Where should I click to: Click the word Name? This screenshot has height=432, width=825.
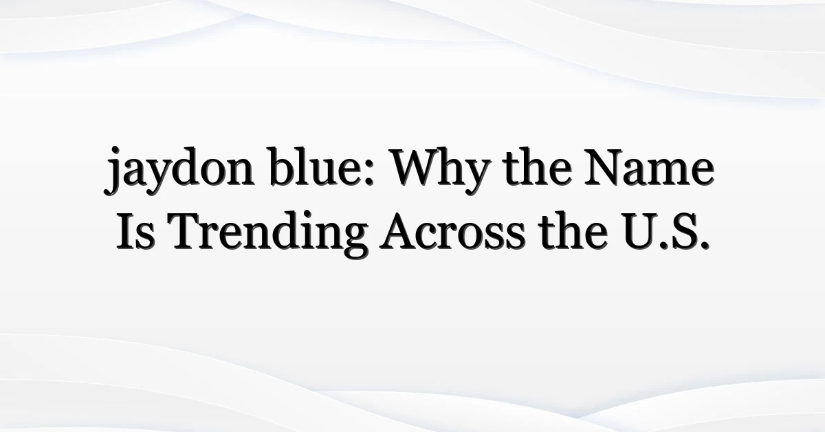pos(650,167)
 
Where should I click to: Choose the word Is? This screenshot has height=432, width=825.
pos(135,230)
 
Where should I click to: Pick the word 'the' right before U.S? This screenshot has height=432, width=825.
pos(573,230)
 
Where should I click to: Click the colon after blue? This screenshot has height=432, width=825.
pos(370,172)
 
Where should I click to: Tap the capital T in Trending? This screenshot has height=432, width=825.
pos(188,232)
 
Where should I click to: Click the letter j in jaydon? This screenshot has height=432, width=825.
pos(112,171)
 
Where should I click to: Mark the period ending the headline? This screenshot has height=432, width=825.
pos(704,246)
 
